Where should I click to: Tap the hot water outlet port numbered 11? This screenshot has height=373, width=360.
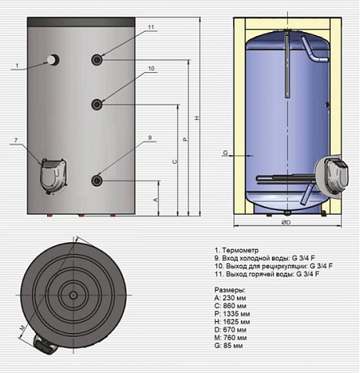[96, 60]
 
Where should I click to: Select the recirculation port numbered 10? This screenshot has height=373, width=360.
[96, 104]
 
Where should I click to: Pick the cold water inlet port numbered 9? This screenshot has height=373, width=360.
[96, 179]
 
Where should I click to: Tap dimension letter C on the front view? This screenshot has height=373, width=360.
[173, 160]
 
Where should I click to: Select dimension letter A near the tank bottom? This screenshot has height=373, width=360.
[155, 199]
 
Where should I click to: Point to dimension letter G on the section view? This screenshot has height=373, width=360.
[225, 152]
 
